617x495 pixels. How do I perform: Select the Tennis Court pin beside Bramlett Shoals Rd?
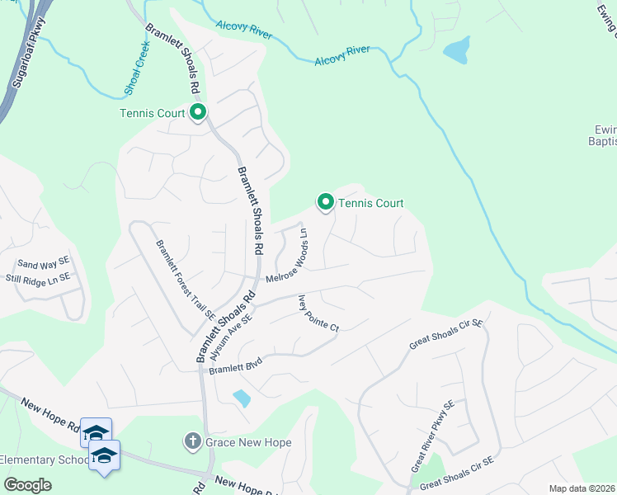point(198,113)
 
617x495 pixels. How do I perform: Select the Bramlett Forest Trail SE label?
point(186,280)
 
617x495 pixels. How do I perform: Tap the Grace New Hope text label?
point(248,443)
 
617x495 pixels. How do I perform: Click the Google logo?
point(27,484)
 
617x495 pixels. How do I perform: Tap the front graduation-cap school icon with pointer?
point(104,456)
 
